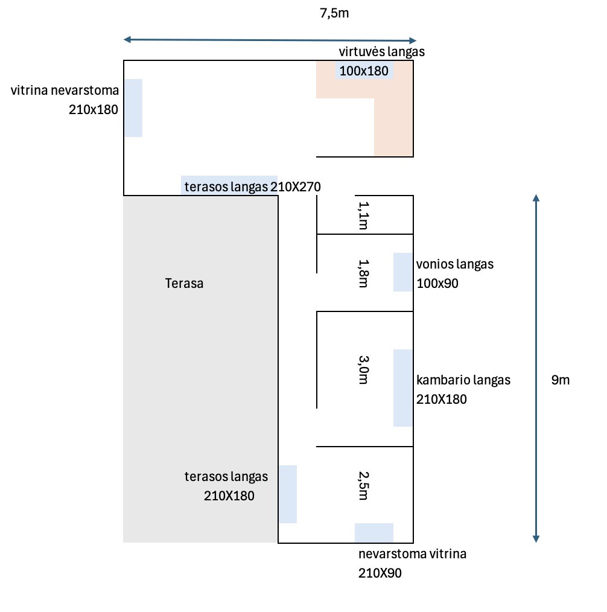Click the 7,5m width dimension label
pos(334,13)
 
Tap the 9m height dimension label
pos(560,380)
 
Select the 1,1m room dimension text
pos(364,215)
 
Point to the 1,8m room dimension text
pos(364,273)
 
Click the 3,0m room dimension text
pos(364,369)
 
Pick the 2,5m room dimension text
pos(364,485)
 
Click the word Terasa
pos(184,283)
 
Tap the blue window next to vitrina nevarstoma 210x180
pos(133,108)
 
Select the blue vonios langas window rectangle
pos(403,272)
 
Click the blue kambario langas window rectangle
pos(403,388)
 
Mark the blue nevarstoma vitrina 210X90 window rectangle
pos(373,533)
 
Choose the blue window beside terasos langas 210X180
pos(288,494)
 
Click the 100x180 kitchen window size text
pos(364,71)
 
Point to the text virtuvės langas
pos(381,51)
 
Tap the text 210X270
pos(296,186)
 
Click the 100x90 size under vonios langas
pos(437,283)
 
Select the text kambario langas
pos(463,380)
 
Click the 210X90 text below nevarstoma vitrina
pos(380,573)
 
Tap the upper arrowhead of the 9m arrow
pos(536,197)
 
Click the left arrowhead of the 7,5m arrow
pos(127,39)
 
